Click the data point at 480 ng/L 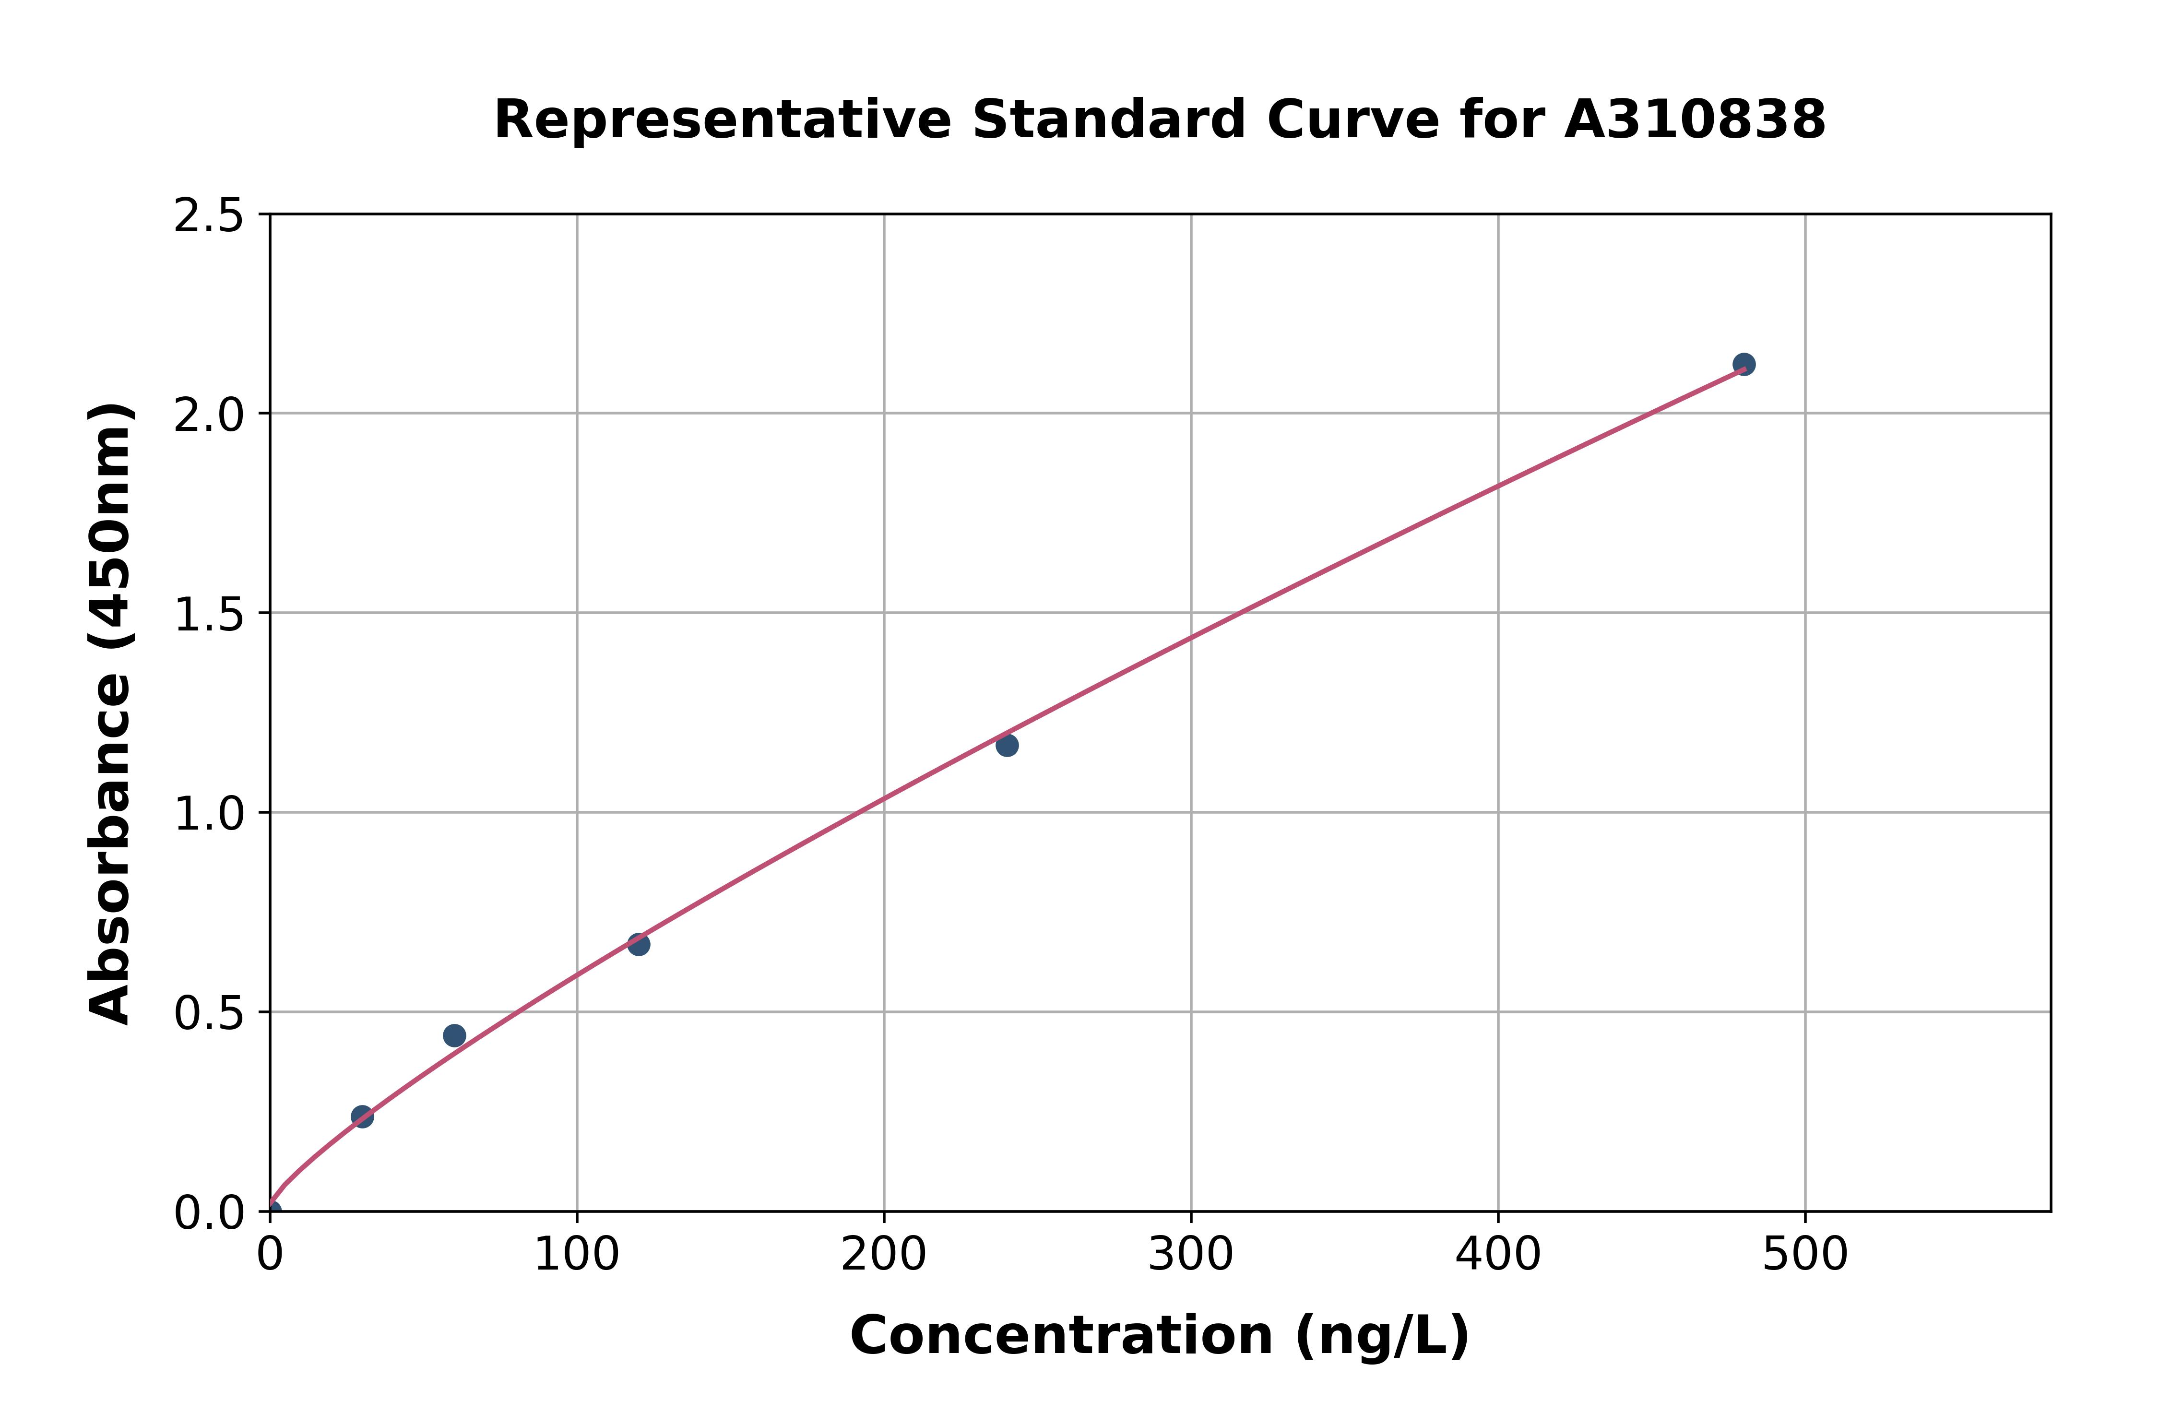pos(1743,365)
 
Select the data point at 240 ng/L pos(1007,745)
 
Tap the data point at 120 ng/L pos(639,944)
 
